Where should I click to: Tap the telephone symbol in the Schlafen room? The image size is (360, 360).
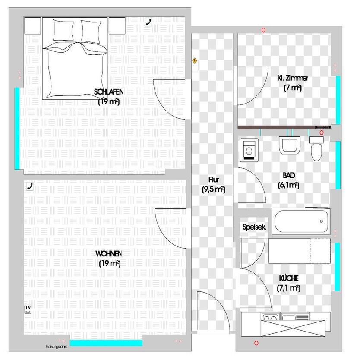(149, 22)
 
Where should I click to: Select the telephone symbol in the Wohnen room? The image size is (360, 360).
(30, 186)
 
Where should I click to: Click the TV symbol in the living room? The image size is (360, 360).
(28, 308)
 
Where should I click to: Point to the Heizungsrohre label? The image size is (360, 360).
(56, 346)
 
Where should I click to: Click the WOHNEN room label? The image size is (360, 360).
(109, 258)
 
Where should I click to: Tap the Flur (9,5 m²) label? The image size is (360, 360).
(213, 184)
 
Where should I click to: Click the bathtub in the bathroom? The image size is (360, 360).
(301, 221)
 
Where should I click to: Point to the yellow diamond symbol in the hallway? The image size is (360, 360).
(195, 61)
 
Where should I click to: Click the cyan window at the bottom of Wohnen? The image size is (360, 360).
(106, 343)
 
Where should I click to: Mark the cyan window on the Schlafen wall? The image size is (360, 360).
(17, 128)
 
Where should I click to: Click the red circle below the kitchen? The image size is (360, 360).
(256, 343)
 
